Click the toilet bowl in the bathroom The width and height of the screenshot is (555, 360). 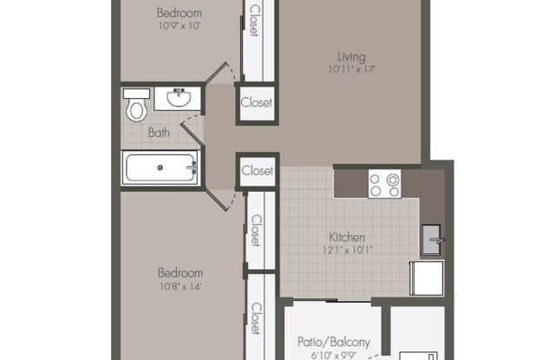click(x=136, y=110)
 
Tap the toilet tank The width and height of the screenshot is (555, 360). click(x=136, y=94)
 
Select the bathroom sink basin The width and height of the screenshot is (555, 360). click(x=180, y=98)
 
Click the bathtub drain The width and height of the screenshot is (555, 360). click(x=160, y=167)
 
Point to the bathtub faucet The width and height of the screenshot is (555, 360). click(x=193, y=167)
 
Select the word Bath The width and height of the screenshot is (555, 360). click(x=159, y=133)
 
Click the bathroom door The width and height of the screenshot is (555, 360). click(x=193, y=134)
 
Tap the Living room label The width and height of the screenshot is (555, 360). click(x=351, y=56)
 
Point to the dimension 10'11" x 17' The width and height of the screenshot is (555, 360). click(x=351, y=69)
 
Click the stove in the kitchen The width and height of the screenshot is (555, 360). click(x=385, y=184)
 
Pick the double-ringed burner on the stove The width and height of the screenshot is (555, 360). click(x=393, y=180)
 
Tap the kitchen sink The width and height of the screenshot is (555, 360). click(x=431, y=239)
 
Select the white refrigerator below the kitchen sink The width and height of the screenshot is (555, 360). click(x=427, y=278)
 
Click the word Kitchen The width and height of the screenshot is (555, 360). click(x=347, y=237)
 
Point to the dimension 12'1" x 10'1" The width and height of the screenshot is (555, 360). click(x=347, y=250)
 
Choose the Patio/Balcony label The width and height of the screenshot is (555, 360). click(x=334, y=342)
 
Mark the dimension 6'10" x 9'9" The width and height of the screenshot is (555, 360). click(x=334, y=355)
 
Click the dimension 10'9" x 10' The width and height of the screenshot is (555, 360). click(x=180, y=25)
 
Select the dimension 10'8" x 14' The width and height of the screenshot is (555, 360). click(x=180, y=286)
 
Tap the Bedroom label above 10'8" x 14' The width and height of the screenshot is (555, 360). click(x=180, y=273)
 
